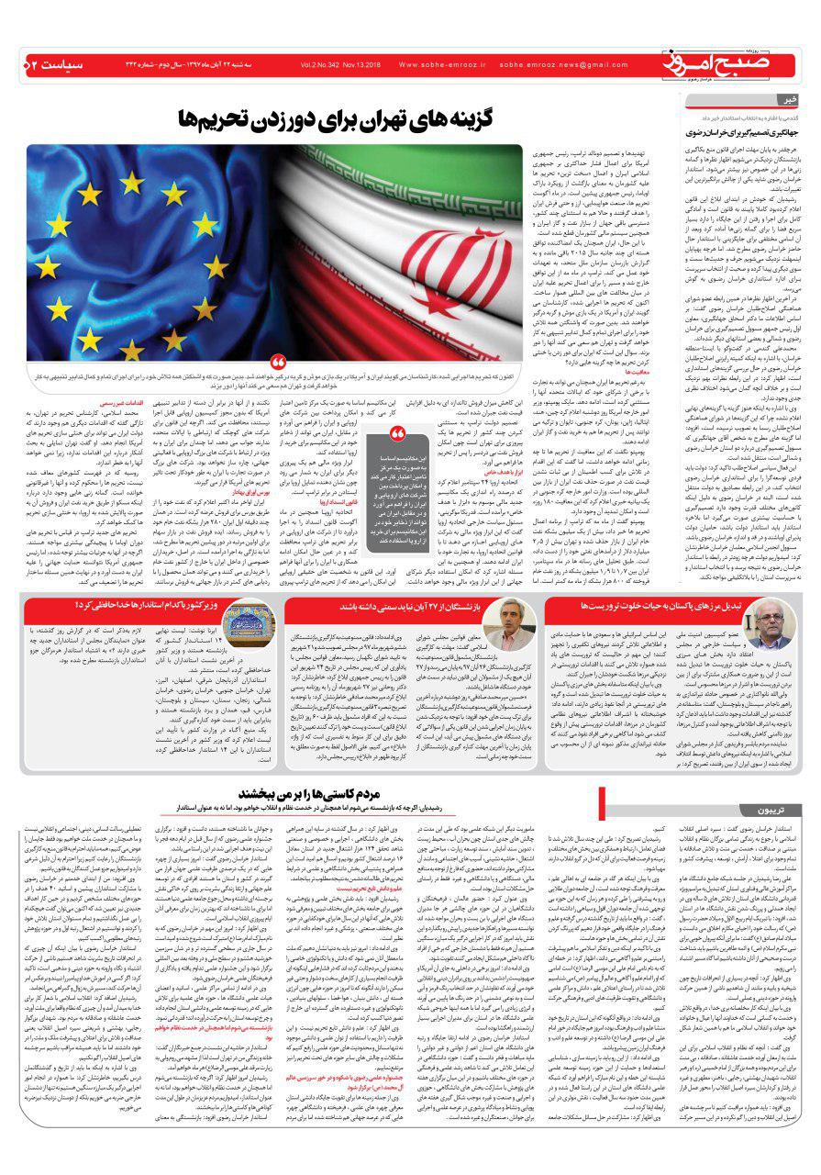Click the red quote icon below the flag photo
click(279, 364)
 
